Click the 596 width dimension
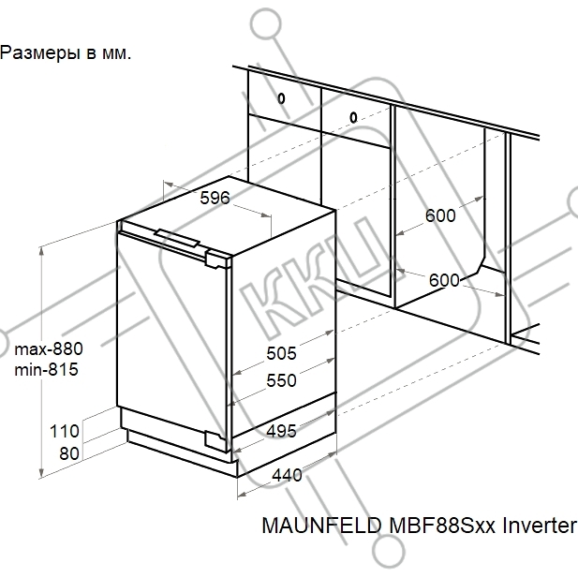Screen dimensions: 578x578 coord(215,198)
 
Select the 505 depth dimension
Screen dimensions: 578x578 coord(281,353)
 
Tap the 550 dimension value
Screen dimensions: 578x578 coord(281,380)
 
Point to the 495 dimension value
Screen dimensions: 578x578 coord(281,431)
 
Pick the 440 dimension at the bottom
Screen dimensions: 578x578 coord(288,475)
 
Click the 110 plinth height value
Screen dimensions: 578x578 coord(65,431)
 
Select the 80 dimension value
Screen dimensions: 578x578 coord(69,453)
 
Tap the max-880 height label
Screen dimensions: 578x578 coord(49,348)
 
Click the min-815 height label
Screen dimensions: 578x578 coord(47,369)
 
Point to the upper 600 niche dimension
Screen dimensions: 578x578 coord(440,215)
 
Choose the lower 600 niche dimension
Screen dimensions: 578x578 coord(444,280)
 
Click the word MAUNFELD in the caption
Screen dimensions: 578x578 coord(322,526)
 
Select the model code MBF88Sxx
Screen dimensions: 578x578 coord(442,526)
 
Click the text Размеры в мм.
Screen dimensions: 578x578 coord(66,53)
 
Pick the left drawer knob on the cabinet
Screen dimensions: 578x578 coord(281,98)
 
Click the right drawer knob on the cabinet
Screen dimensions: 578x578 coord(353,118)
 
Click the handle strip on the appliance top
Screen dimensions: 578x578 coord(177,238)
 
